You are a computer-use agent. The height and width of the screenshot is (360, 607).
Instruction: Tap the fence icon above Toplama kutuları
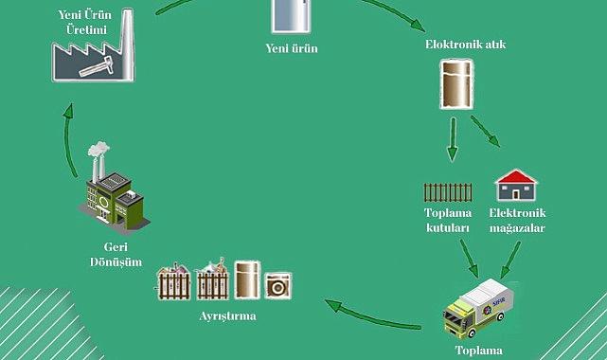447,192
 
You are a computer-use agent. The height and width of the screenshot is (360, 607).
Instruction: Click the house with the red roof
516,187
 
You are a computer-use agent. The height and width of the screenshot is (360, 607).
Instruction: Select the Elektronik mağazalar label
517,222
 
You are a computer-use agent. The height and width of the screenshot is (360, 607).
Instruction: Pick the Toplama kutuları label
447,222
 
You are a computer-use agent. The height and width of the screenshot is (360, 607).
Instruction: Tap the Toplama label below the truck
477,351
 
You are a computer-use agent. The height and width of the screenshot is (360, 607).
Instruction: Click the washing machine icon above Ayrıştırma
278,284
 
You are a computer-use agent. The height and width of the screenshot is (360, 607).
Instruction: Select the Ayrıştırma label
226,315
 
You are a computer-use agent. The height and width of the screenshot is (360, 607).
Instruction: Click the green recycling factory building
115,197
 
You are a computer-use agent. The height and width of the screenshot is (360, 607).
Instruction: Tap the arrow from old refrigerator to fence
453,138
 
